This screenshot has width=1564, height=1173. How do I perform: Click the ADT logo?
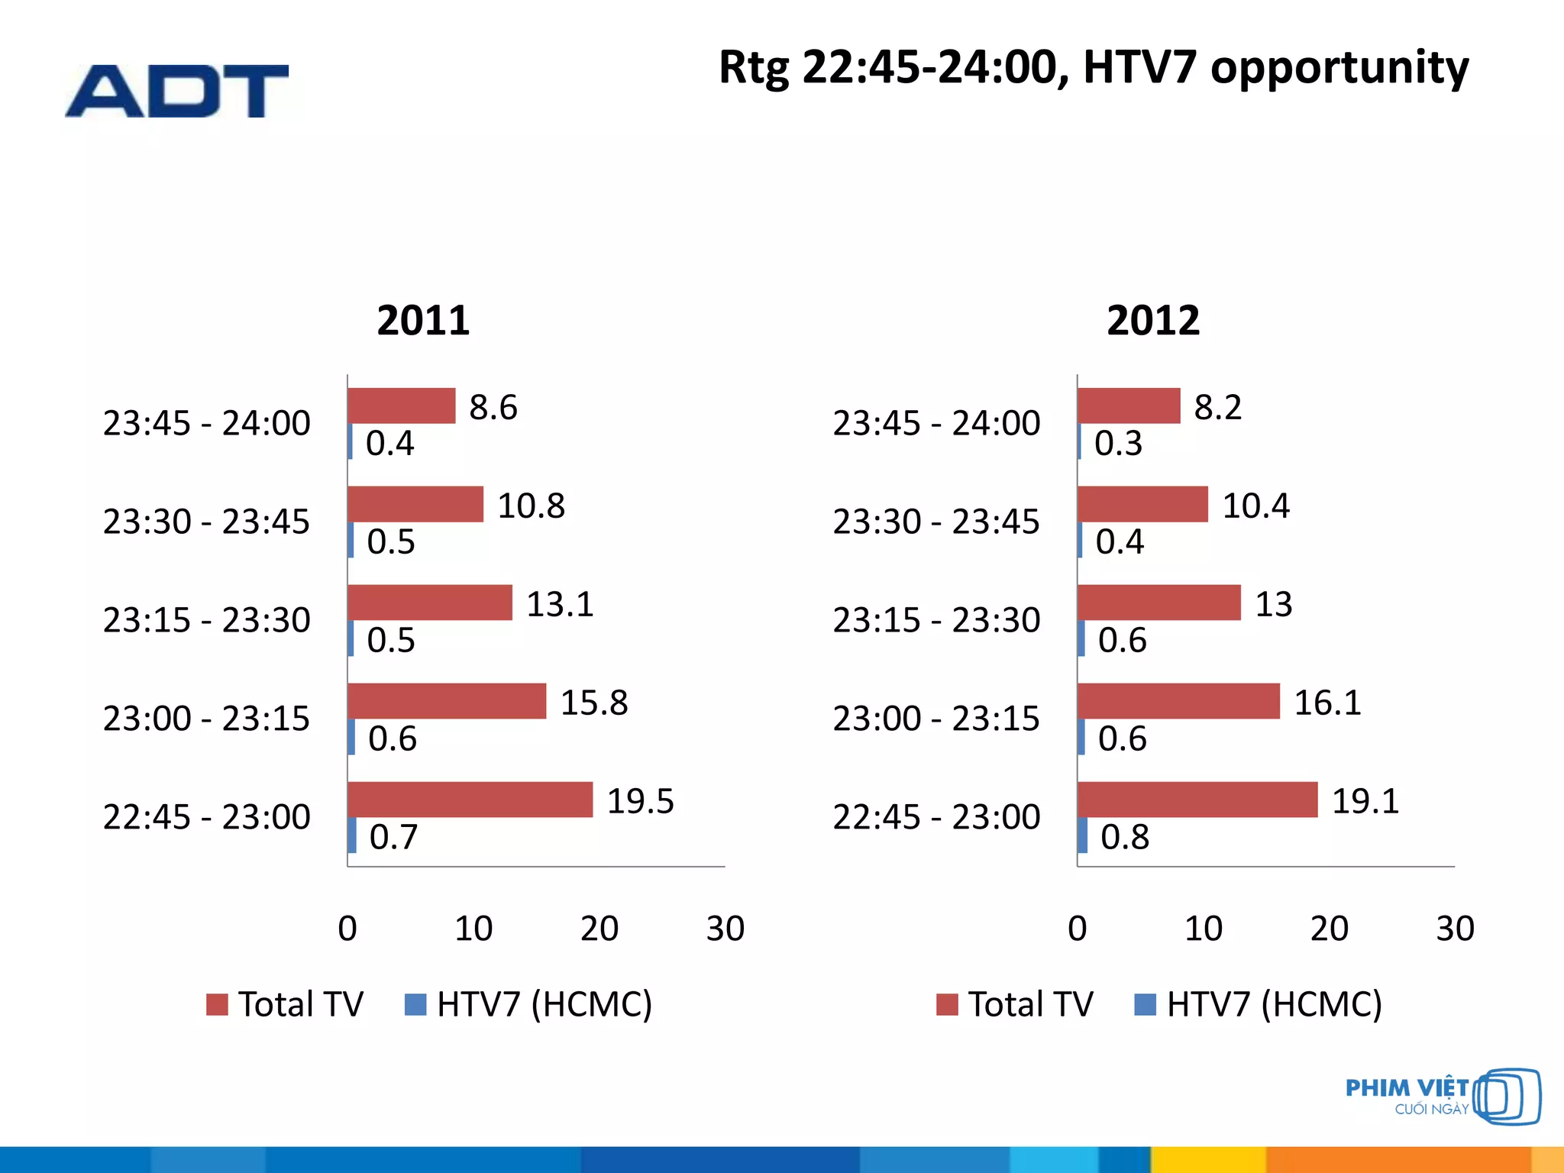[177, 91]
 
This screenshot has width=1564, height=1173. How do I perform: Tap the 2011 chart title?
[423, 320]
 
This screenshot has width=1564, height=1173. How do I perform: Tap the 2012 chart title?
[1153, 320]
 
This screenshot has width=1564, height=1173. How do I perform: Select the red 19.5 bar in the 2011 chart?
[470, 800]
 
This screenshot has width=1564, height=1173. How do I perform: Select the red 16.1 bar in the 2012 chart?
[1178, 701]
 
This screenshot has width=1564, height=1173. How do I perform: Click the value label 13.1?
[560, 604]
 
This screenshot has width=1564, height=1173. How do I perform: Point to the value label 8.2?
[1217, 407]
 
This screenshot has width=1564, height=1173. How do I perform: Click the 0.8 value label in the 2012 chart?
[1124, 837]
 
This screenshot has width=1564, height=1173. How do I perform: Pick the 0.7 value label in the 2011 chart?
[393, 837]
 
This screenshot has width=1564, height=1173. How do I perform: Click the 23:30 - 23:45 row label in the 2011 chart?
[206, 522]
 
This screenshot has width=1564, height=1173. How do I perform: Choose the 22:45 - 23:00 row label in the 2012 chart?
[936, 817]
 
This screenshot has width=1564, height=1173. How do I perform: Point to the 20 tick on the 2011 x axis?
[599, 929]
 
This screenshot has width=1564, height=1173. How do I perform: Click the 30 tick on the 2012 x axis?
[1455, 929]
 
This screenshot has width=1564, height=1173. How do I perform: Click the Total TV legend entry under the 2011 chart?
[286, 1004]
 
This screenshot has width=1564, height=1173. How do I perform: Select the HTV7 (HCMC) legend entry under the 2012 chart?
[1259, 1004]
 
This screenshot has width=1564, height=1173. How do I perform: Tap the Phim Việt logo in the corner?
[1442, 1097]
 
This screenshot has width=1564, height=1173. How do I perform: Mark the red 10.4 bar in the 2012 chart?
[1142, 504]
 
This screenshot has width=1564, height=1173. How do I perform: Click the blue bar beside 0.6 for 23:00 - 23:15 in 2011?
[351, 737]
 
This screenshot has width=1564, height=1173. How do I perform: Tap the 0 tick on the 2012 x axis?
[1078, 929]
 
